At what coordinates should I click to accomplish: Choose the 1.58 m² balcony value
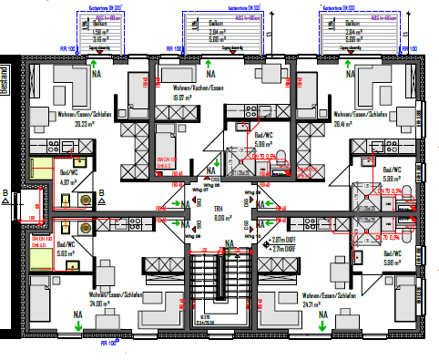point(102,31)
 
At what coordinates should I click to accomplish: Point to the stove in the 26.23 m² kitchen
point(67,145)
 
